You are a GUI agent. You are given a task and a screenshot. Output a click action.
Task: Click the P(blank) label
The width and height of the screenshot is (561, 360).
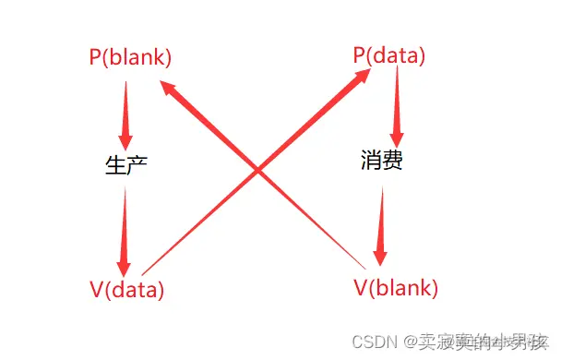coord(130,57)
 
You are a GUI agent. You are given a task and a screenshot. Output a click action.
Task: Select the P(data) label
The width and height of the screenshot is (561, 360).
coord(389,55)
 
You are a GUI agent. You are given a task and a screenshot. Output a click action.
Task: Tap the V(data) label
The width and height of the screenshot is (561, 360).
coord(127,289)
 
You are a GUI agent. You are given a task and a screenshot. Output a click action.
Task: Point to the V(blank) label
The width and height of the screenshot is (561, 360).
coord(396,288)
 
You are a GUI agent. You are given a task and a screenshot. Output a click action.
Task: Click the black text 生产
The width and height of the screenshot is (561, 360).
coord(127,165)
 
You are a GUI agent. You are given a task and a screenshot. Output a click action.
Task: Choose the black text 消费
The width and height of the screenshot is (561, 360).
coord(381,162)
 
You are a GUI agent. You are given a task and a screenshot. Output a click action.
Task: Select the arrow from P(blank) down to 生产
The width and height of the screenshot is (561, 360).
coord(126,111)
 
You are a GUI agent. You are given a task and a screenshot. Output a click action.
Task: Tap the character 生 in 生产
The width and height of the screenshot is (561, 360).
coord(116,165)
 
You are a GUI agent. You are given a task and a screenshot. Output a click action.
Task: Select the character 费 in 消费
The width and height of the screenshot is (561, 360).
coord(392,162)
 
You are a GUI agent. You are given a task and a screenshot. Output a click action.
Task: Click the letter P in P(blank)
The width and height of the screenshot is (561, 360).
coord(95,57)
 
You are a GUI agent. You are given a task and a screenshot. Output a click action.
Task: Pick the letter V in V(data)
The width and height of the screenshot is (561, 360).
coord(95,289)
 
